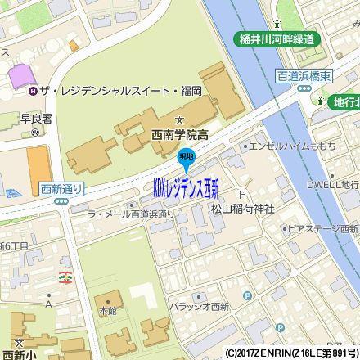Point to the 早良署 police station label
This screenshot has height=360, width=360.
pos(31,116)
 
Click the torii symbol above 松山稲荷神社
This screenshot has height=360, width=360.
pos(241,195)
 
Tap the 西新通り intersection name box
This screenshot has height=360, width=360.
pos(61,188)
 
